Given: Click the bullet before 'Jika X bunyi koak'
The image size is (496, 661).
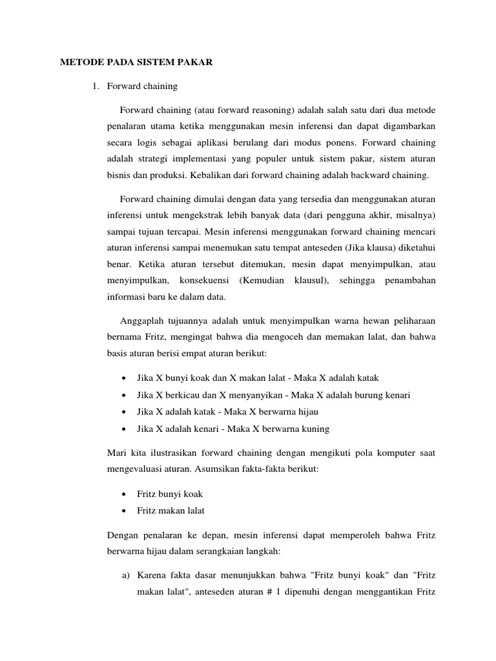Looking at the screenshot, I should [x=123, y=378].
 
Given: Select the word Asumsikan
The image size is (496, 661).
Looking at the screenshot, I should [x=192, y=470].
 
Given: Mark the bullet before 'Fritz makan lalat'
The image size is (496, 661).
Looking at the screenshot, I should [x=123, y=511].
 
